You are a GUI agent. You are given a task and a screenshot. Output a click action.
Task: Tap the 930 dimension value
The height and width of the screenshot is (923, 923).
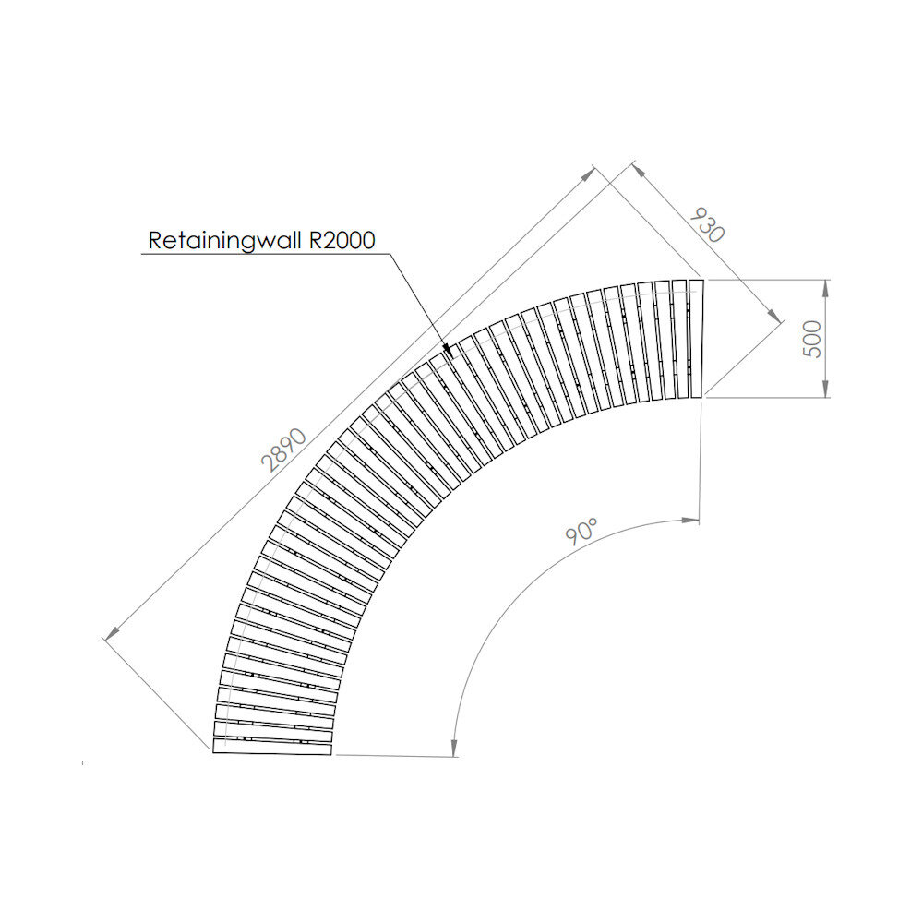tap(707, 224)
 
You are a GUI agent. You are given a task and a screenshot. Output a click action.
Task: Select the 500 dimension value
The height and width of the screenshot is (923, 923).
tap(812, 339)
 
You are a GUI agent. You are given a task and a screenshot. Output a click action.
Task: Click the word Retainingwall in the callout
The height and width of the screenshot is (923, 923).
tap(227, 241)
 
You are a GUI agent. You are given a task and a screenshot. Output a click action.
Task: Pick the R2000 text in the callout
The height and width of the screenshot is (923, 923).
tap(342, 241)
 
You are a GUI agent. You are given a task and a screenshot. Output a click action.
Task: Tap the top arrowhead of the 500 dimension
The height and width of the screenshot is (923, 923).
tap(825, 285)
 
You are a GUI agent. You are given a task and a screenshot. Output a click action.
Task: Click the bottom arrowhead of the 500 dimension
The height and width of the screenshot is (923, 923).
tap(825, 391)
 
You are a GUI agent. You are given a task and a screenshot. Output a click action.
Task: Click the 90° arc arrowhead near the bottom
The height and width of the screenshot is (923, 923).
tap(454, 749)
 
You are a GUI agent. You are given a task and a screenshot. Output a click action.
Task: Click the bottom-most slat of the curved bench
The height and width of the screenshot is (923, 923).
tap(272, 747)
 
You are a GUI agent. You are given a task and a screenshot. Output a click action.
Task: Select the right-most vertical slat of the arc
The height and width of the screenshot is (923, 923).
tap(696, 339)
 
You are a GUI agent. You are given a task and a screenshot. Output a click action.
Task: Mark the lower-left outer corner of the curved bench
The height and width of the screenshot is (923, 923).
tap(214, 753)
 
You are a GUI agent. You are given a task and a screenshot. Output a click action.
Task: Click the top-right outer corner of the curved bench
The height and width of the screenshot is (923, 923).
tap(703, 280)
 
